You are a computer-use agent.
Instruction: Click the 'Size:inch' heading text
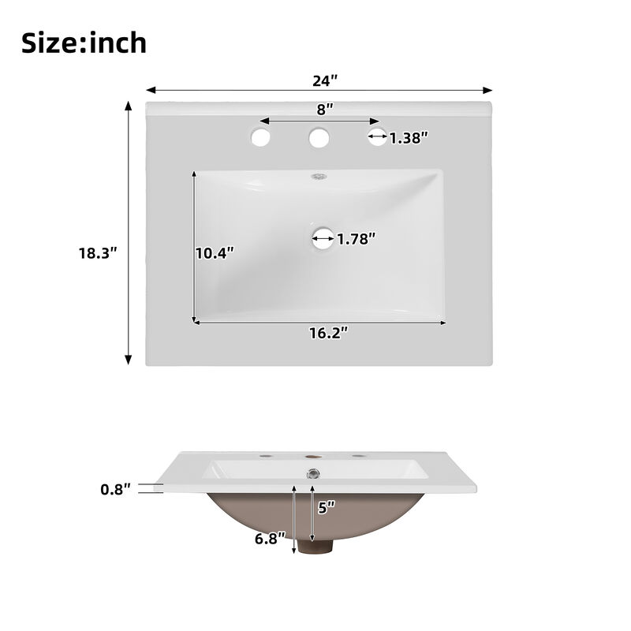click(x=84, y=43)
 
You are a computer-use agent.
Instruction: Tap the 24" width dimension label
click(x=323, y=80)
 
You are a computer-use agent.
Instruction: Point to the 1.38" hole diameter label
click(x=409, y=138)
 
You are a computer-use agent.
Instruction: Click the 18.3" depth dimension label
click(x=98, y=253)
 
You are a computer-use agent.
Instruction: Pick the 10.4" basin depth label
click(x=215, y=253)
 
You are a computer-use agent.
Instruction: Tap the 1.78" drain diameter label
click(x=357, y=238)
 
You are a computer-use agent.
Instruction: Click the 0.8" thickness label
click(x=115, y=489)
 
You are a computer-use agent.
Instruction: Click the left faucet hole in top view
click(x=260, y=139)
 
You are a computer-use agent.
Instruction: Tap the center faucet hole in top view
click(x=319, y=139)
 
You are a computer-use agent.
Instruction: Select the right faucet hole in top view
click(x=378, y=137)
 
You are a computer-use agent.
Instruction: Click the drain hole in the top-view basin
click(x=322, y=238)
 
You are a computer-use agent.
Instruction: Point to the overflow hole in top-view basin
click(x=319, y=177)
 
